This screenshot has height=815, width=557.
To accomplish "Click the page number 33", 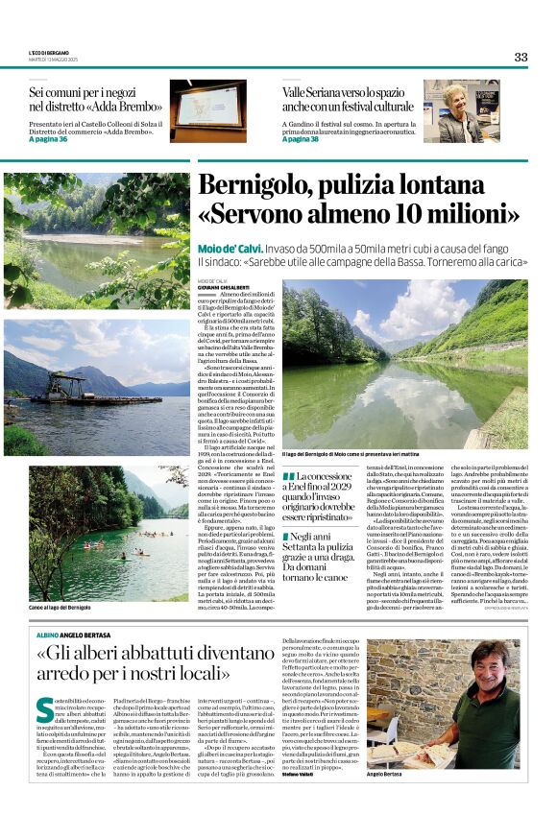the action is point(521,57).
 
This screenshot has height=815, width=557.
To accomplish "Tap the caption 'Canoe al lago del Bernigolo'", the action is point(60,608).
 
